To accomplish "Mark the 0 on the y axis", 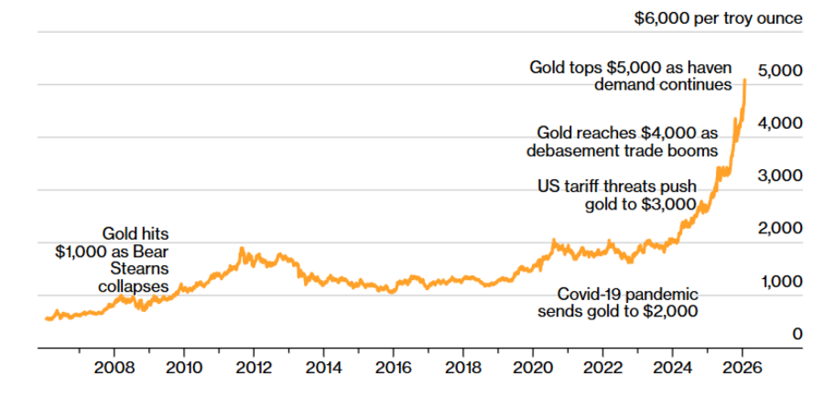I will tap(797, 334).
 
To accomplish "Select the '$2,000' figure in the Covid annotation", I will tap(671, 312).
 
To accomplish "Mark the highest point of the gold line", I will tap(745, 80).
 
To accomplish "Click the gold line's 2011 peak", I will tap(242, 248).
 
